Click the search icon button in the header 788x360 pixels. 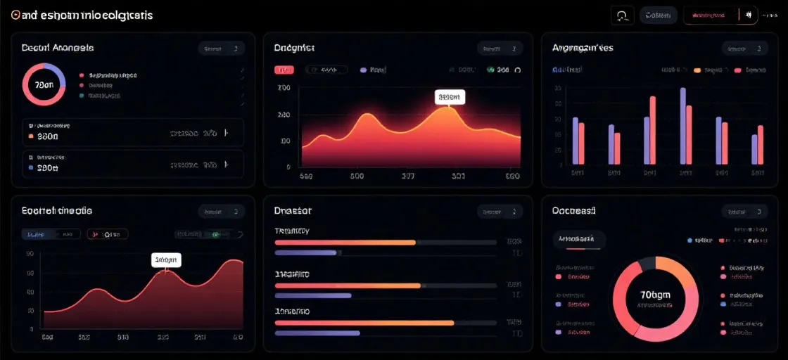click(623, 15)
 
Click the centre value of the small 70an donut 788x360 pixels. click(44, 84)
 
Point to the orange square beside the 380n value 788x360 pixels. click(30, 136)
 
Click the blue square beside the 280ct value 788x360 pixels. click(30, 169)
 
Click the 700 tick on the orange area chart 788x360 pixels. click(284, 89)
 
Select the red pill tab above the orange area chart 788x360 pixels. click(284, 70)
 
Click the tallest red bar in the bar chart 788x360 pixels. click(652, 130)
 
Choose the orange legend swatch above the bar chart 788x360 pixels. click(697, 70)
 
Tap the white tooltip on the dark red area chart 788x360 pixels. click(166, 259)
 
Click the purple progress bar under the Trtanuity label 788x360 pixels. click(307, 252)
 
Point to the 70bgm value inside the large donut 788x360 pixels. click(656, 295)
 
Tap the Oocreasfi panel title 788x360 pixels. click(573, 210)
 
